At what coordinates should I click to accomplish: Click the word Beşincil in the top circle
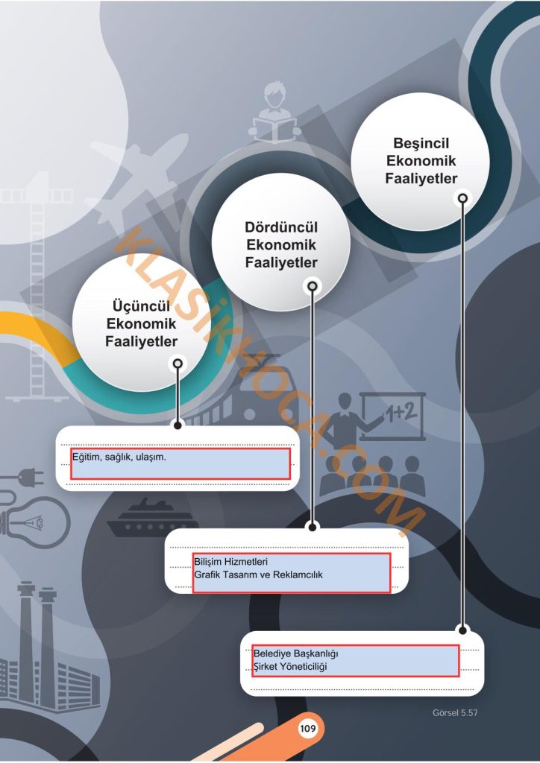tap(421, 144)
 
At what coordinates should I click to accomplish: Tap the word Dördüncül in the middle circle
tap(281, 228)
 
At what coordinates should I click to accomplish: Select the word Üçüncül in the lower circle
tap(141, 306)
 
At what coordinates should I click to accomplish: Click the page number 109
tap(308, 729)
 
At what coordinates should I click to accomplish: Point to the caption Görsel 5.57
tap(455, 713)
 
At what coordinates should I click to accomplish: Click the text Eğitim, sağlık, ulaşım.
tap(119, 458)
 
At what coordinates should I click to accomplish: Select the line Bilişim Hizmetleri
tap(231, 562)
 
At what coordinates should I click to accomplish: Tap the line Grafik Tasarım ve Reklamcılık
tap(259, 575)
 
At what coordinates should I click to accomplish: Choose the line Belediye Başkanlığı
tap(296, 653)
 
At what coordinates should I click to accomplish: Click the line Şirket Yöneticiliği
tap(290, 667)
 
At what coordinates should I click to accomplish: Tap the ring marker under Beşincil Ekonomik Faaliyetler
tap(462, 198)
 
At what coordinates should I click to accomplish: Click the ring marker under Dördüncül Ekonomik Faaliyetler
tap(312, 286)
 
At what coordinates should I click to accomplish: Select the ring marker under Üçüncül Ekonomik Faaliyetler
tap(178, 364)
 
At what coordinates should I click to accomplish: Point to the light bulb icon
tap(35, 522)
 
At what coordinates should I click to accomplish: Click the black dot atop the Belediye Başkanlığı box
tap(463, 630)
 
